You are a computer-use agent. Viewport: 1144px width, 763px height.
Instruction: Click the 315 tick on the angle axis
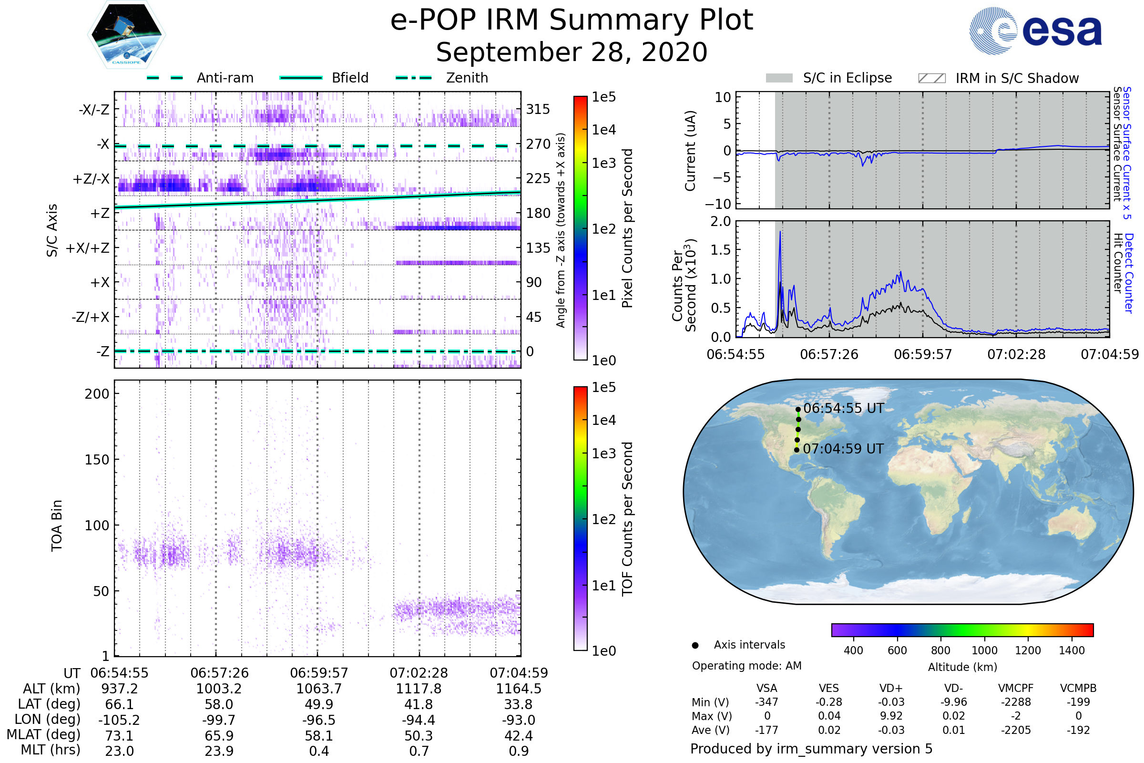(x=538, y=109)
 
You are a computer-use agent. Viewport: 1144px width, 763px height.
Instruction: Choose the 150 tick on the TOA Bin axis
(x=97, y=459)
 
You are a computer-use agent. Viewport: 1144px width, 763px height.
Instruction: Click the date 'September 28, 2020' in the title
(x=572, y=52)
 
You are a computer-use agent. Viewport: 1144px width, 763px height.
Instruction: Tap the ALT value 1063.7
(x=319, y=689)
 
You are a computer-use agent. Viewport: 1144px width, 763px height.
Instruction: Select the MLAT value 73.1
(x=119, y=736)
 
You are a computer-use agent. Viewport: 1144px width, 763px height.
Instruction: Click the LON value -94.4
(x=419, y=720)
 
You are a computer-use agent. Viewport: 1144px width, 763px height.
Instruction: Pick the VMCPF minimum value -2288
(x=1016, y=702)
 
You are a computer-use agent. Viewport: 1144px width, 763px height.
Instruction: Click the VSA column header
(x=766, y=688)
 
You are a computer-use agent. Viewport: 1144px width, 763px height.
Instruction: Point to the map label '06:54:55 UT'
(x=843, y=408)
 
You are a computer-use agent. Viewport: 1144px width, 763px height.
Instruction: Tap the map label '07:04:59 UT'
(x=843, y=449)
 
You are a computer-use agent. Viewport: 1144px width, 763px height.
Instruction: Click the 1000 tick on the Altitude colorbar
(x=984, y=650)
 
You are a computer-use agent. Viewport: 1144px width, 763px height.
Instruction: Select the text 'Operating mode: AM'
(x=746, y=666)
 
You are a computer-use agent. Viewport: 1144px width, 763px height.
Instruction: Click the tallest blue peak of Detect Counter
(x=780, y=233)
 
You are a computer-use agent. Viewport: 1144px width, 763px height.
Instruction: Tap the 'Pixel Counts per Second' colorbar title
(x=627, y=228)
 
